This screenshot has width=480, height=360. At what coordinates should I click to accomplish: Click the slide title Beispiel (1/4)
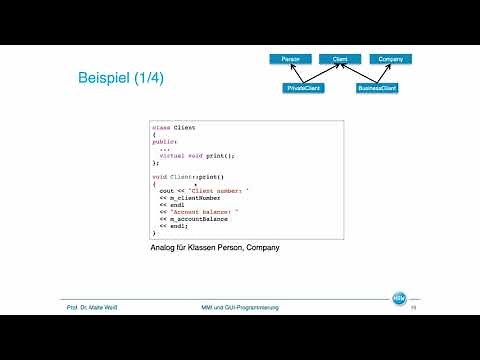pyautogui.click(x=122, y=79)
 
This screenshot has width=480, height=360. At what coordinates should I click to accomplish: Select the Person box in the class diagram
pyautogui.click(x=290, y=59)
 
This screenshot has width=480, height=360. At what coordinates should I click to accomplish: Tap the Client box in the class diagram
pyautogui.click(x=340, y=59)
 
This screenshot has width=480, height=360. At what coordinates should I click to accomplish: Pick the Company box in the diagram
pyautogui.click(x=390, y=59)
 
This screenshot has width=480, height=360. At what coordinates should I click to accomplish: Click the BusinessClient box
pyautogui.click(x=378, y=88)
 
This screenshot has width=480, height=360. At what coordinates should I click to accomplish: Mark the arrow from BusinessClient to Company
pyautogui.click(x=385, y=74)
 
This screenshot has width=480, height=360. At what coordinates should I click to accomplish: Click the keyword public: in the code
pyautogui.click(x=164, y=142)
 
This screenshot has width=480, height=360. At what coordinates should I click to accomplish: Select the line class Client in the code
pyautogui.click(x=175, y=128)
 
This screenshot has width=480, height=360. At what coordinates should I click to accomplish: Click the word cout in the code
pyautogui.click(x=166, y=189)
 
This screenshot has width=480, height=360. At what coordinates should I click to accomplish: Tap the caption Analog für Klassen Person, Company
pyautogui.click(x=207, y=247)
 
